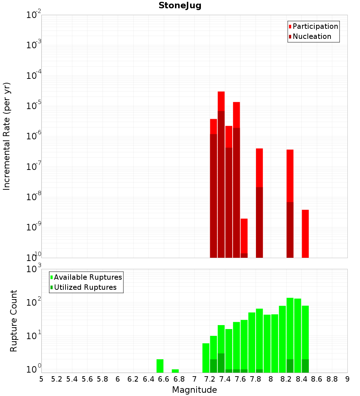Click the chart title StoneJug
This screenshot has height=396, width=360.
pyautogui.click(x=180, y=5)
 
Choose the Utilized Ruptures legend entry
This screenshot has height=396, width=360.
pyautogui.click(x=85, y=288)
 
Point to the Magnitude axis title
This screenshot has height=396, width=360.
pyautogui.click(x=194, y=390)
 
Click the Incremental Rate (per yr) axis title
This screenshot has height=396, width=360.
pyautogui.click(x=6, y=136)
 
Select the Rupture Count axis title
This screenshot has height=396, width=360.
pyautogui.click(x=14, y=321)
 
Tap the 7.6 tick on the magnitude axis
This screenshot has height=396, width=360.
pyautogui.click(x=240, y=379)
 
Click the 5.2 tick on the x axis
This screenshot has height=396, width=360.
pyautogui.click(x=57, y=379)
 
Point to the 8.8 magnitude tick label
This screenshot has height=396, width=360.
pyautogui.click(x=332, y=379)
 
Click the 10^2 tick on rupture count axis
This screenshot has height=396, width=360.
pyautogui.click(x=34, y=302)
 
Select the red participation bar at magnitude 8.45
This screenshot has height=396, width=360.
pyautogui.click(x=305, y=234)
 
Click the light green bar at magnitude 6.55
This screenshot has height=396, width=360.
pyautogui.click(x=160, y=366)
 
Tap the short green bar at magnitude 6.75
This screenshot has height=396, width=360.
pyautogui.click(x=175, y=371)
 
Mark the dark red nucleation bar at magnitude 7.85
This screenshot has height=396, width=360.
pyautogui.click(x=260, y=222)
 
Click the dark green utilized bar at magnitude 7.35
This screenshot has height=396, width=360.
pyautogui.click(x=221, y=363)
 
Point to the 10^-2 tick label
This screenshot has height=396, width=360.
pyautogui.click(x=34, y=15)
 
